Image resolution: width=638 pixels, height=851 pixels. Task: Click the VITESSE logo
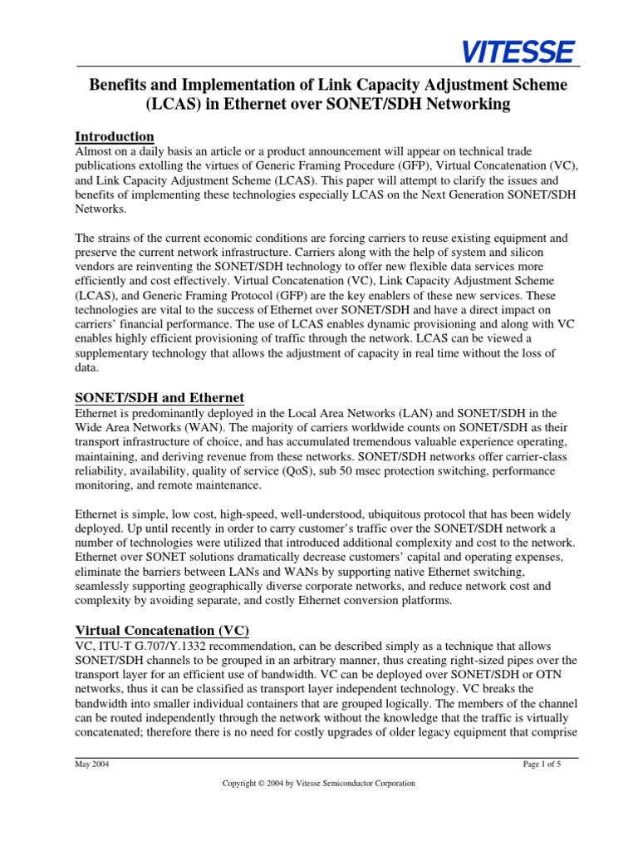(518, 52)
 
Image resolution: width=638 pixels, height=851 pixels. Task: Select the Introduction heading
(115, 136)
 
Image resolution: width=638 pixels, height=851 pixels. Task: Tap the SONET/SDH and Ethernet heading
(159, 397)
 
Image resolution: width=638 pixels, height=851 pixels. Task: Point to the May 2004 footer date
(91, 765)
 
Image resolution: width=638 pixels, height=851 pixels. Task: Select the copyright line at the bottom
(318, 783)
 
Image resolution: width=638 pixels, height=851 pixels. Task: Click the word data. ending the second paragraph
(87, 368)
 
